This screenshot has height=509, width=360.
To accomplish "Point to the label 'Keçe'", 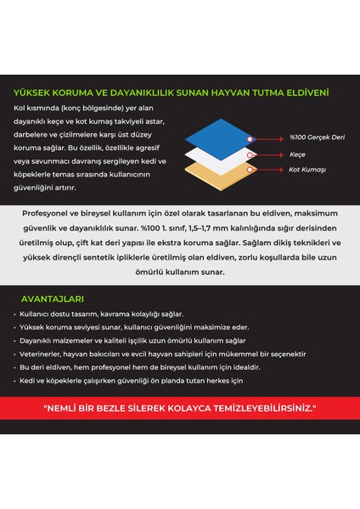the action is point(298,155).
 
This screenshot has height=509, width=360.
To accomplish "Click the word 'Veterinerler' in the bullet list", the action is point(43,354).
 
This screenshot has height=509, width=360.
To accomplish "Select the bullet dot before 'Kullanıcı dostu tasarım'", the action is point(16,314).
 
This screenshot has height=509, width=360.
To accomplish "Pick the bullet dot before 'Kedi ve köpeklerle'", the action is point(16,381).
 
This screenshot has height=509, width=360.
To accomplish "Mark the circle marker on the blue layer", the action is point(249,137).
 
